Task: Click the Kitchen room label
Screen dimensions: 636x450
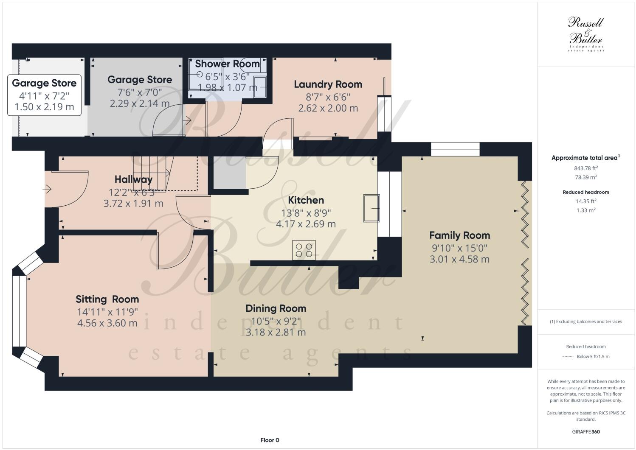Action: [306, 200]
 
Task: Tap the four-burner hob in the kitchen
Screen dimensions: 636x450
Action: [304, 250]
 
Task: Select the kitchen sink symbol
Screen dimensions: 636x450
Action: [371, 208]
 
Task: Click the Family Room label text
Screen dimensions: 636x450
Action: [460, 235]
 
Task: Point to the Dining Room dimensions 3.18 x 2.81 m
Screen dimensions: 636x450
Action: [276, 333]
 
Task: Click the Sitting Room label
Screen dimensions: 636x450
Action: [107, 299]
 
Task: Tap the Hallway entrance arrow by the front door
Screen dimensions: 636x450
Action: [47, 189]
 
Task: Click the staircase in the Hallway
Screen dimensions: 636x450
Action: [153, 173]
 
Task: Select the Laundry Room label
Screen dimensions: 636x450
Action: [328, 84]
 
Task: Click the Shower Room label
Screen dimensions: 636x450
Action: [227, 64]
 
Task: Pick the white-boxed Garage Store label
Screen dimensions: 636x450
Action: [44, 95]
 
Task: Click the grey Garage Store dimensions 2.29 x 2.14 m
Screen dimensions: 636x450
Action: [139, 103]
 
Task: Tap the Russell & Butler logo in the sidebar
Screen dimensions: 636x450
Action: [586, 34]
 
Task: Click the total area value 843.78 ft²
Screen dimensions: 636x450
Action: [586, 168]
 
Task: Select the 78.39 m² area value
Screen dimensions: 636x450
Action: [586, 177]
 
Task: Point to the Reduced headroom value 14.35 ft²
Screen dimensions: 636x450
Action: [586, 201]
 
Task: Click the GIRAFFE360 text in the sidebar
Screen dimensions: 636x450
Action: [586, 432]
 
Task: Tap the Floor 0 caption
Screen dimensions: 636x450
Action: [270, 440]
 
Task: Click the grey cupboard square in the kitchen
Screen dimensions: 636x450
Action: [229, 172]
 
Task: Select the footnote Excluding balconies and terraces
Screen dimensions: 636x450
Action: [586, 321]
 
